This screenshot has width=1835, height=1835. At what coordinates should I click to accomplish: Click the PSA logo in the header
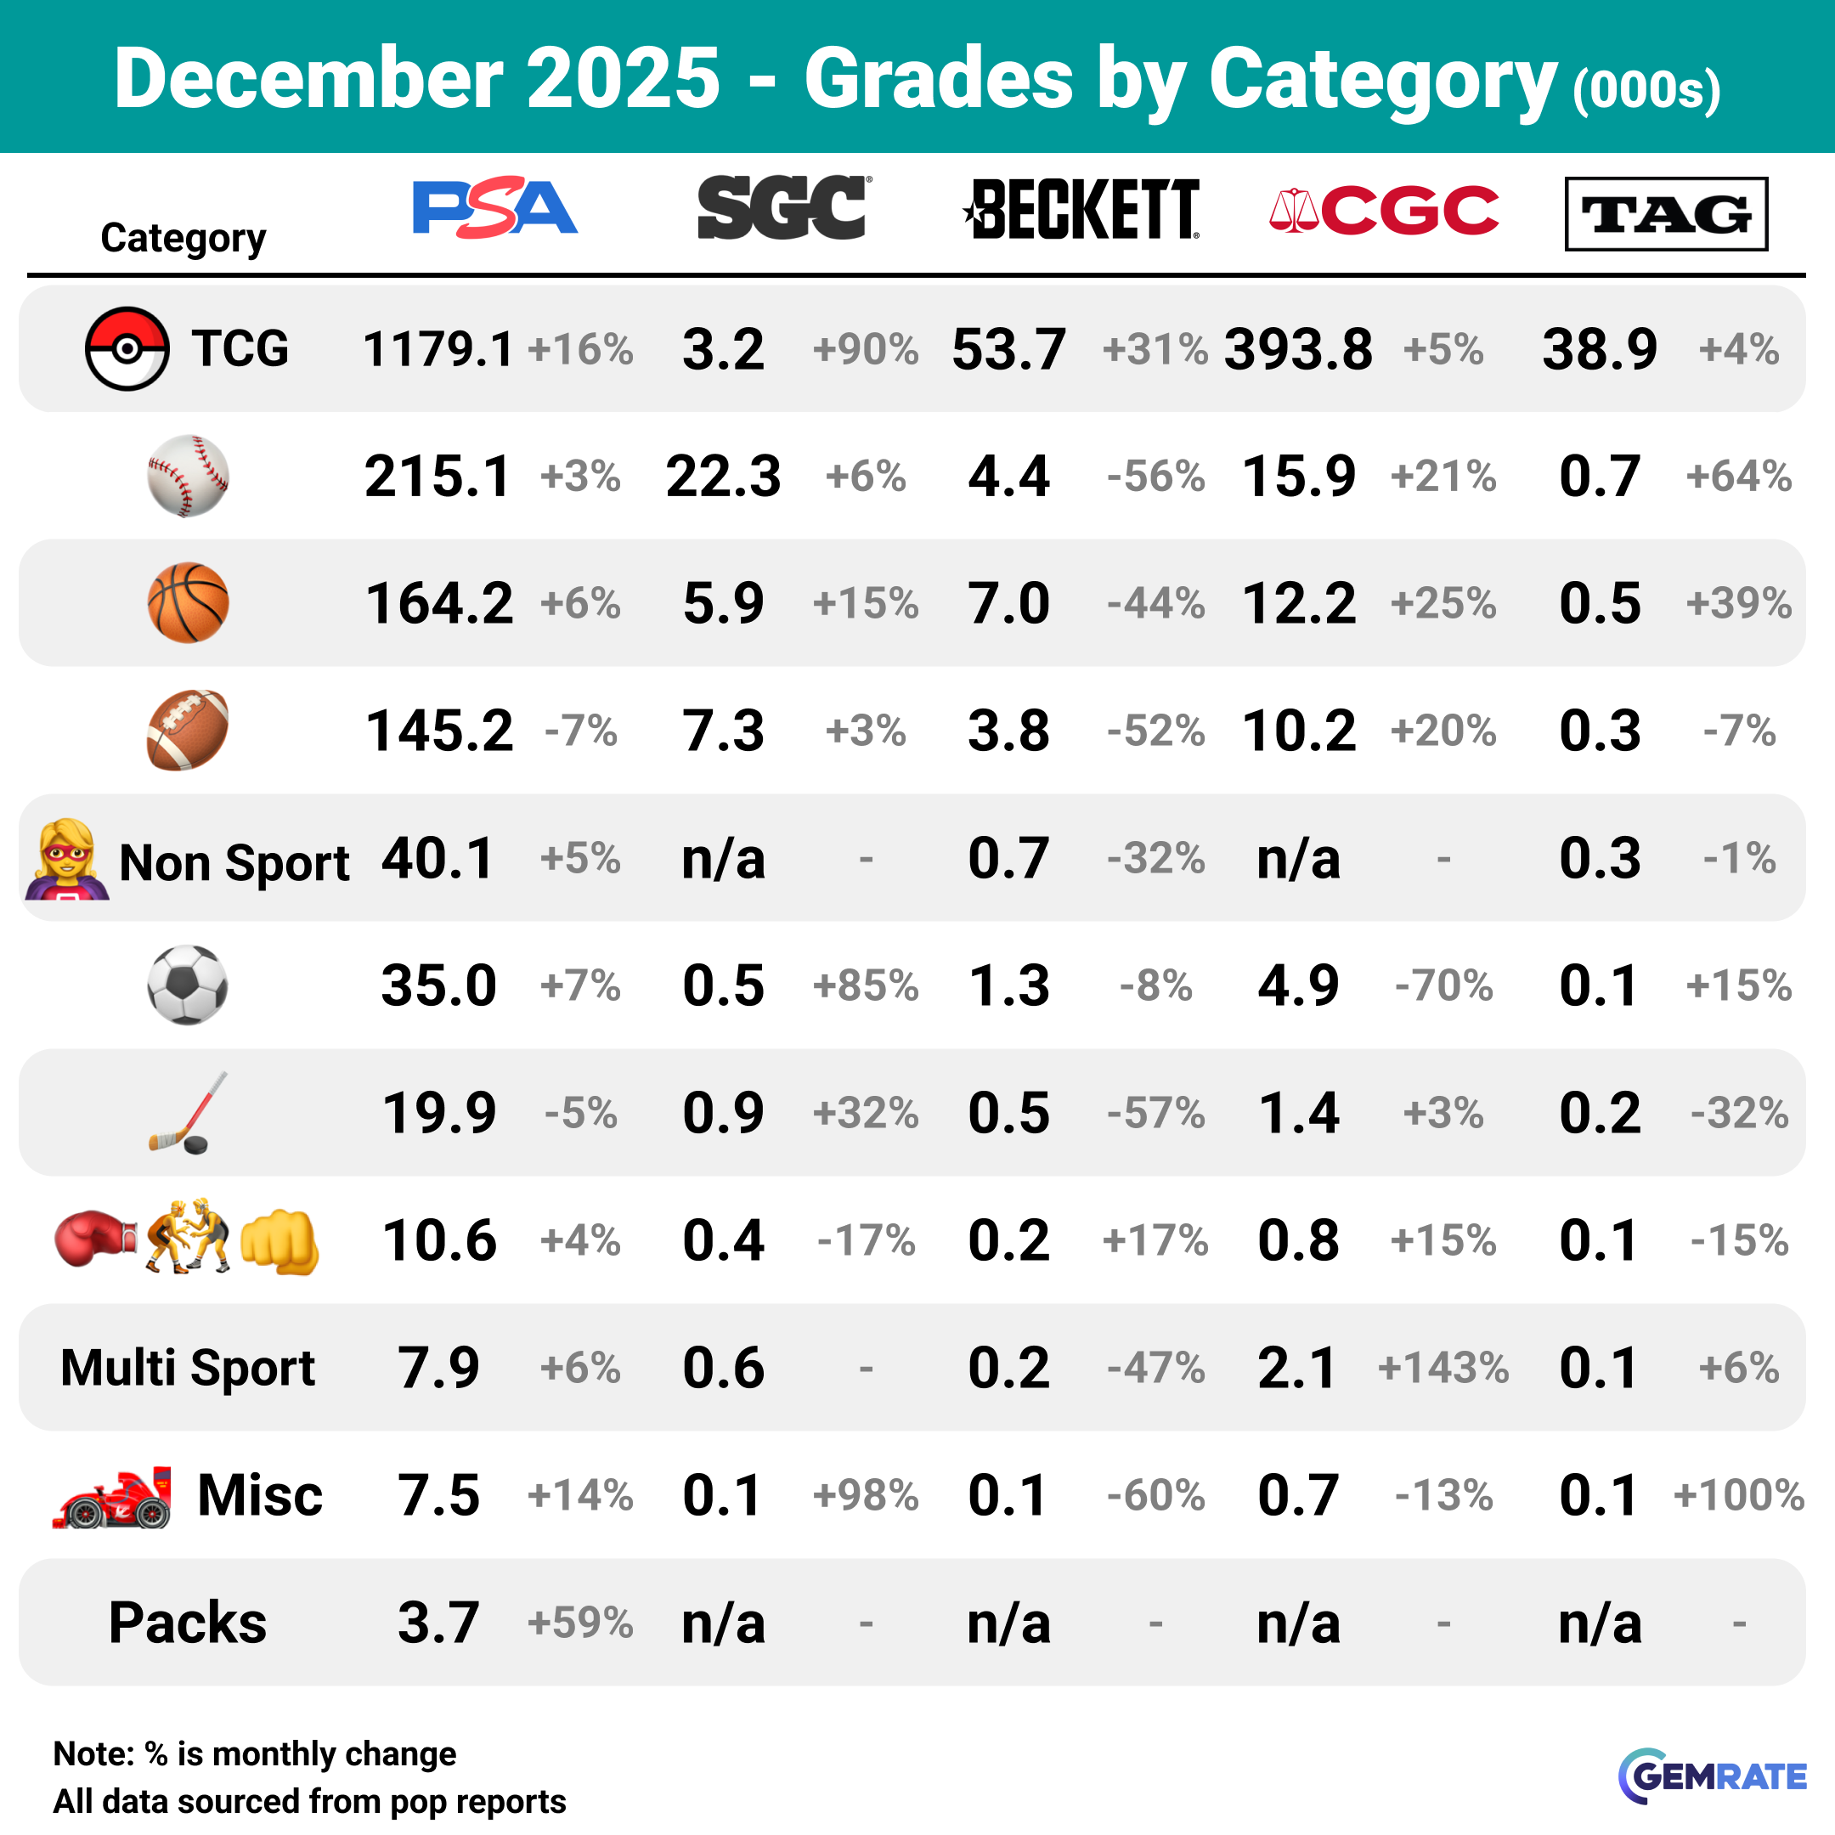tap(494, 207)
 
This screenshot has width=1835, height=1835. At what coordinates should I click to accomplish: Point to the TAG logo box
tap(1666, 214)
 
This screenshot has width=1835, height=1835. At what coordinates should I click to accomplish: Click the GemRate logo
tap(1712, 1776)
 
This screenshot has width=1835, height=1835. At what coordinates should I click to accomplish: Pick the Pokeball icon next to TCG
tap(127, 348)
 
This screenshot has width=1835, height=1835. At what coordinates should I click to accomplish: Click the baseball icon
tap(188, 476)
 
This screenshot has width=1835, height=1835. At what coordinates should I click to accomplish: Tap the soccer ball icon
tap(188, 985)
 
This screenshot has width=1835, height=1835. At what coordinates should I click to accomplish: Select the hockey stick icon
tap(188, 1112)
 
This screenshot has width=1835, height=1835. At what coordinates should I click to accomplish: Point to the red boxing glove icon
tap(95, 1239)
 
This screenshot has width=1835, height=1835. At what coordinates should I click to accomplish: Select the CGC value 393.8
tap(1298, 349)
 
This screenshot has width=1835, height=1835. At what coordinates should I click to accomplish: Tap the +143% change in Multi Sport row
tap(1443, 1369)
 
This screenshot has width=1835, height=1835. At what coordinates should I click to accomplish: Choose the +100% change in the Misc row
tap(1738, 1496)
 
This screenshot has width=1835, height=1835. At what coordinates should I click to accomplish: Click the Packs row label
tap(188, 1623)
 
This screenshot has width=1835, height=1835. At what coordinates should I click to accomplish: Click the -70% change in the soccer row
tap(1443, 985)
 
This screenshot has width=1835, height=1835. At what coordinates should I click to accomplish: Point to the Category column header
tap(183, 238)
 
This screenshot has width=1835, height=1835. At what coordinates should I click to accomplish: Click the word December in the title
tap(308, 78)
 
